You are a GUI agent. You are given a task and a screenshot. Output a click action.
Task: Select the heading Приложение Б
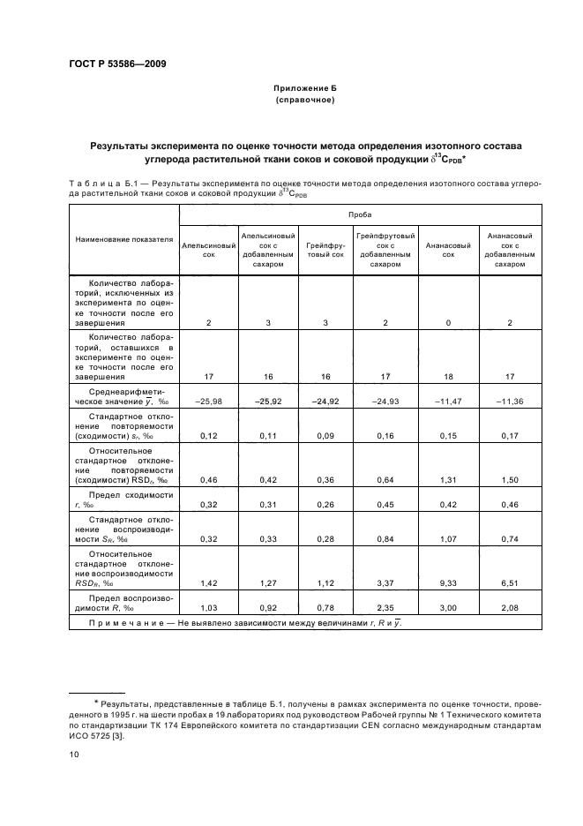(x=303, y=89)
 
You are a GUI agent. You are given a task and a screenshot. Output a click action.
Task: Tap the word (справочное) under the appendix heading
(x=303, y=101)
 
